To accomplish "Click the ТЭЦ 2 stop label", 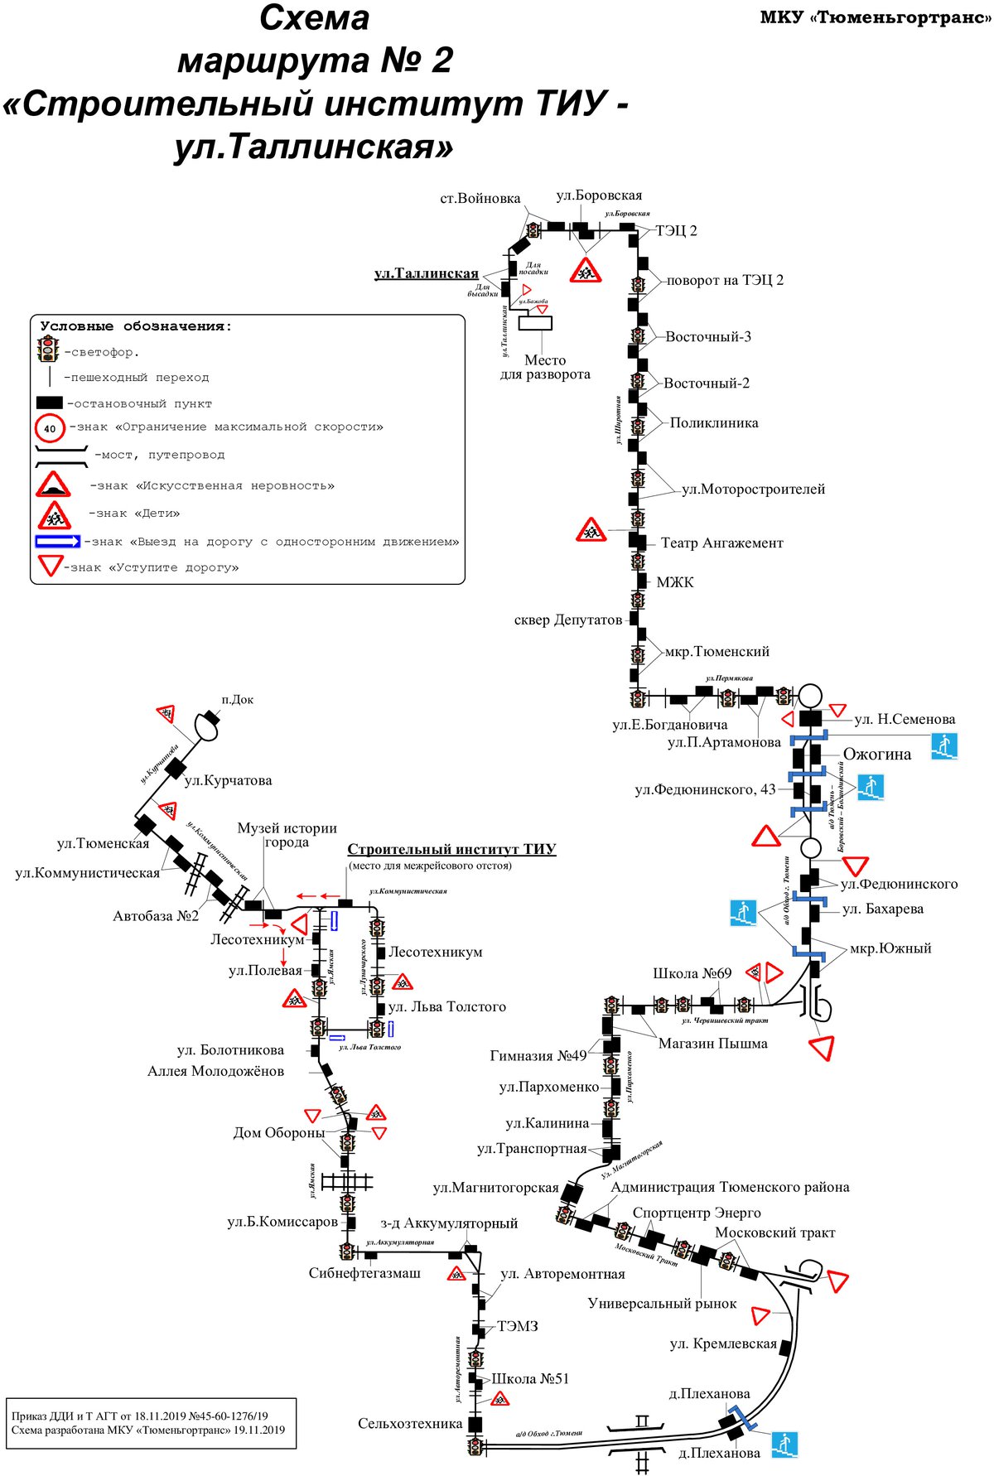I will tap(676, 230).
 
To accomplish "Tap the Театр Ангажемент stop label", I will tap(721, 543).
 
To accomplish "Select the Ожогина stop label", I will tap(876, 755).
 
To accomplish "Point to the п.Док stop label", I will tap(238, 700).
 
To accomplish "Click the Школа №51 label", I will tap(530, 1378).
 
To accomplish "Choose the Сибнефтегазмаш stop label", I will tap(364, 1273).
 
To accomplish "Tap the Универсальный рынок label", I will tap(662, 1304).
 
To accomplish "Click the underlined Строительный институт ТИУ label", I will tap(451, 850).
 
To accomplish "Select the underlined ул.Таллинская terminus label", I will tap(426, 273).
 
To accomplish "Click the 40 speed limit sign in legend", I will tap(50, 428).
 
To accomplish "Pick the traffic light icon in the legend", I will tap(48, 350).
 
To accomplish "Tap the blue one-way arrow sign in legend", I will tap(57, 542).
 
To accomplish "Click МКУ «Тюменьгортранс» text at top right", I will tap(876, 18).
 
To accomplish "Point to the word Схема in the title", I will tap(314, 18).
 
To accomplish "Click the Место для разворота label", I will tap(545, 367).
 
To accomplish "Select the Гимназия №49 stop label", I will tap(538, 1055).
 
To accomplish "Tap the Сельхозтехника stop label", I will tap(410, 1424).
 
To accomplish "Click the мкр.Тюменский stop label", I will tap(717, 652).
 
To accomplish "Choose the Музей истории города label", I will tap(287, 835).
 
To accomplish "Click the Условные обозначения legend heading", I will tap(136, 326).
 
